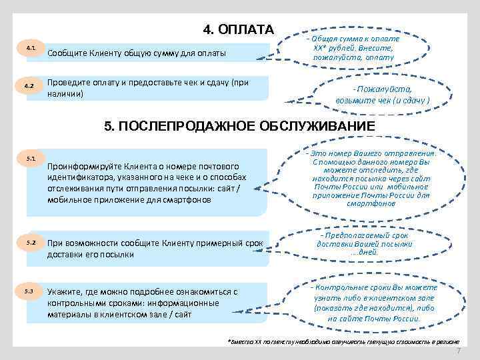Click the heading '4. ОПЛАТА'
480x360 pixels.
click(238, 29)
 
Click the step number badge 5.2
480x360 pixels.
click(31, 241)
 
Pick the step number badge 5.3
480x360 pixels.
click(31, 292)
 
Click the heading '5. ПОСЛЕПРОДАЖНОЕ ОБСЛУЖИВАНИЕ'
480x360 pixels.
click(239, 127)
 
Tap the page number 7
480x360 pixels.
click(458, 351)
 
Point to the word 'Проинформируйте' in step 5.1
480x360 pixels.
click(82, 166)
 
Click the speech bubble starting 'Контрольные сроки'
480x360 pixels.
click(373, 303)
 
